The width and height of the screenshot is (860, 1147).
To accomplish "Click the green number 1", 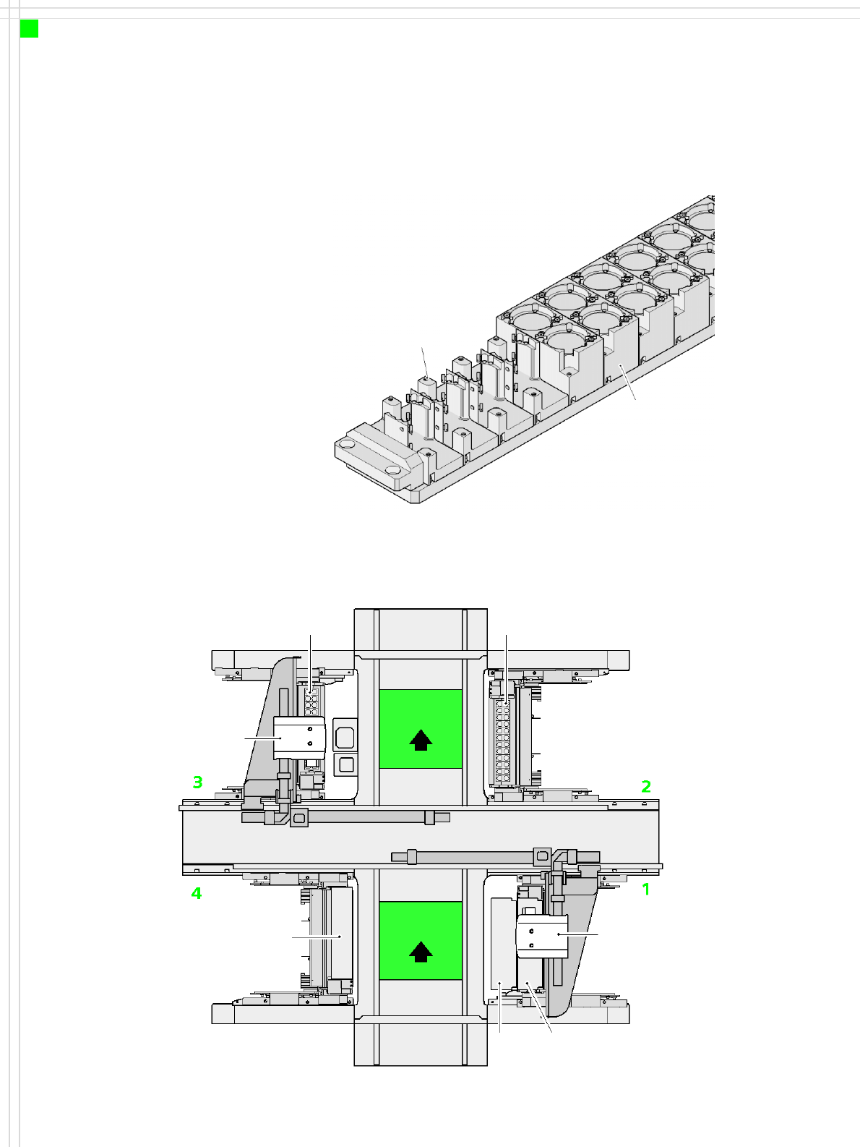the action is coord(646,889).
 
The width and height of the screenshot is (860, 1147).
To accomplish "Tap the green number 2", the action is coord(646,786).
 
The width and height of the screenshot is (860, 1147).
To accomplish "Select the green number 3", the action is coord(197,783).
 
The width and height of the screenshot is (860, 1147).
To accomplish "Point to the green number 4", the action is coord(197,893).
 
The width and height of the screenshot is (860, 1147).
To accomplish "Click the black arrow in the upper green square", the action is coord(421,740).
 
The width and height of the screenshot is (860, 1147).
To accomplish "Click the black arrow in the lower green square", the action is coord(421,952).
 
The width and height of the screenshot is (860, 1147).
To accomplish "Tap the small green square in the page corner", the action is coord(29,29).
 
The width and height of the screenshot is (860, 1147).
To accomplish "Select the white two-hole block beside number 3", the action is coord(299,738).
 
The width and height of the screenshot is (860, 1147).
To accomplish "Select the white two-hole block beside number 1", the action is coord(542,937).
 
